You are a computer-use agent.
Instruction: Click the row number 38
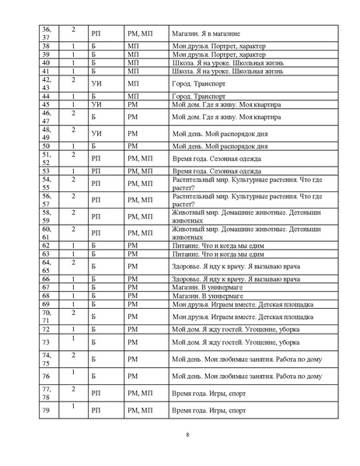45,46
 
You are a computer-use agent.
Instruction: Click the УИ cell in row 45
96,104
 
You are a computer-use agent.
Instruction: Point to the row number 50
45,145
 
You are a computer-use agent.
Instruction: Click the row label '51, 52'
46,158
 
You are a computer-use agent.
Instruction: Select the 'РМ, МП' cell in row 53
141,170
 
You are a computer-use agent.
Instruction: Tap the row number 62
45,245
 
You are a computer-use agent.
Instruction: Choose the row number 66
45,279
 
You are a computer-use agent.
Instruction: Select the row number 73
45,342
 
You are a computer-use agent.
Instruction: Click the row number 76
45,376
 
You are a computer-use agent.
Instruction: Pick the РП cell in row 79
96,408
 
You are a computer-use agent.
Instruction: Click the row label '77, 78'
46,392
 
